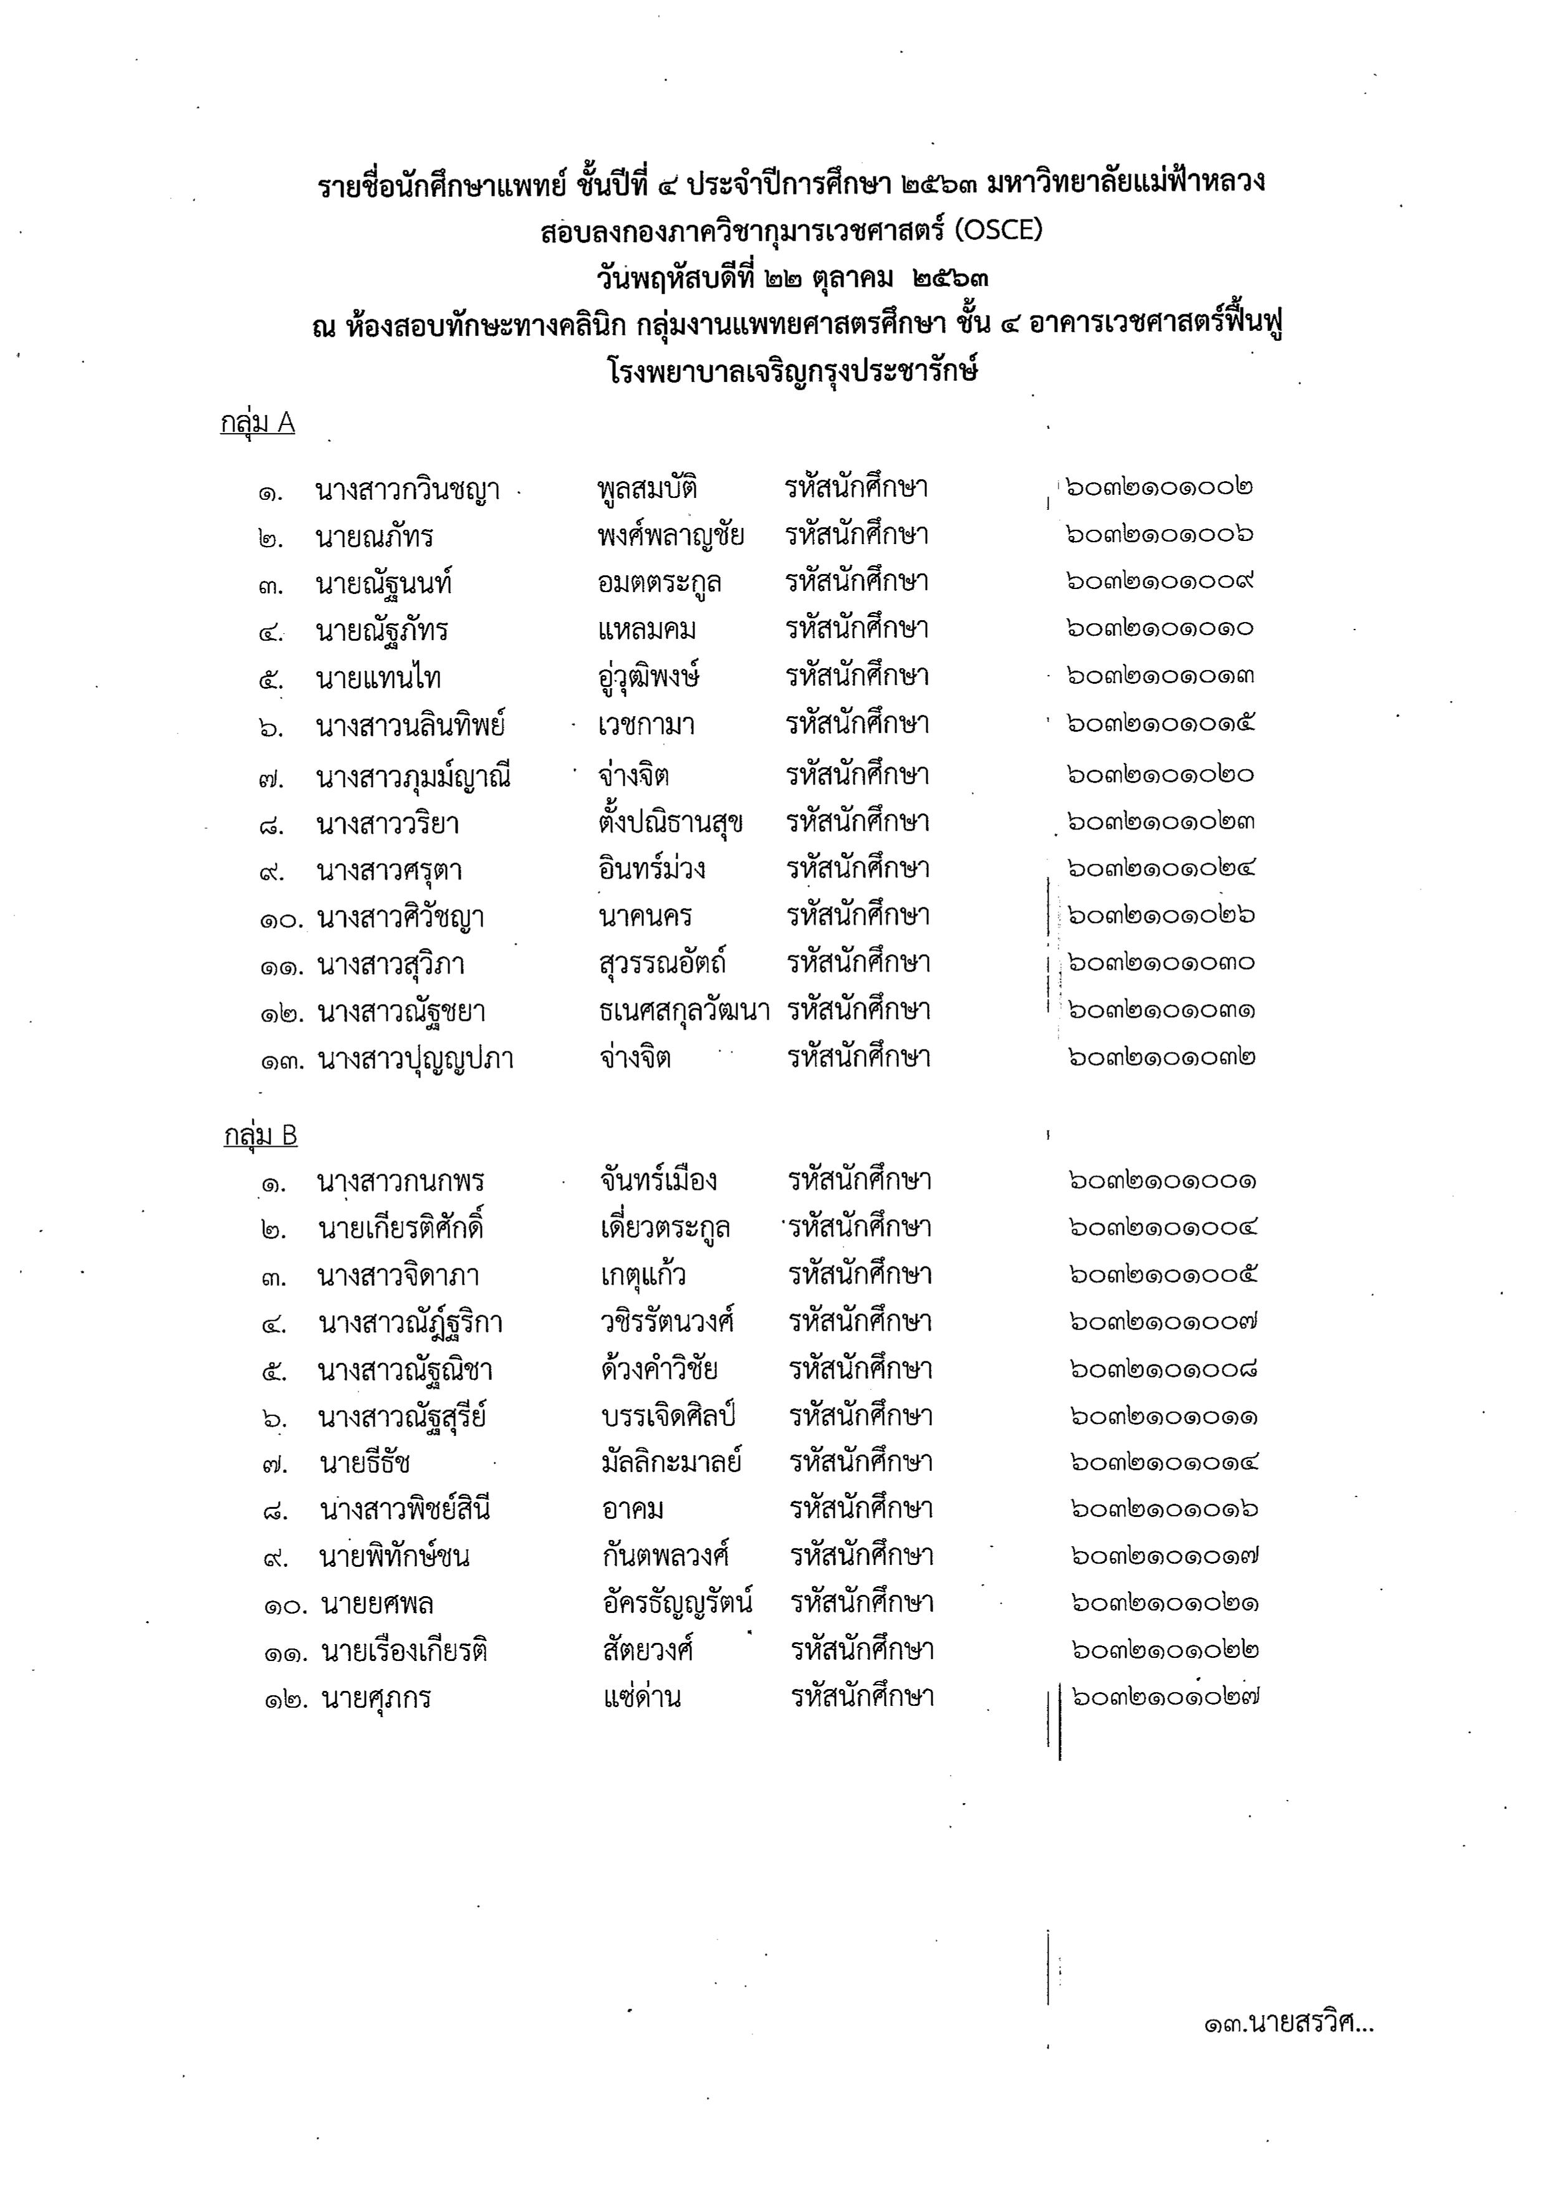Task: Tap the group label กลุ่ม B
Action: pos(260,1136)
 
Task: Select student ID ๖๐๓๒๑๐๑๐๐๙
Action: pos(1159,581)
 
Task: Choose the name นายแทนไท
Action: pos(378,678)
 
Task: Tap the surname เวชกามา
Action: pos(646,725)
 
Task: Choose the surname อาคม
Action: pos(633,1509)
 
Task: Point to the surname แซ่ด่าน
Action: pos(642,1696)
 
